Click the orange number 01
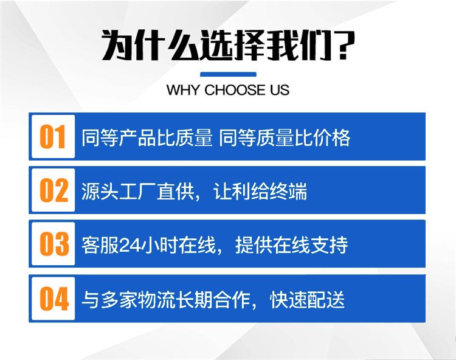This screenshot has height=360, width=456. point(53,137)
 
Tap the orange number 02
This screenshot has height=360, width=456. point(54,190)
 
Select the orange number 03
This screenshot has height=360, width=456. point(54,244)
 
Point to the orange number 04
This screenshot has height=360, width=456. point(54,299)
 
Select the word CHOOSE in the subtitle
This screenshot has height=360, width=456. point(235,90)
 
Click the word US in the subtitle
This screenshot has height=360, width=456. point(279,90)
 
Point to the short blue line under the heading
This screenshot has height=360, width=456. point(228,74)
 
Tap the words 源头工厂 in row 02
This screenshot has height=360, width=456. point(119,192)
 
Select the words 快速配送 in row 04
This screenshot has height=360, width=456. point(308,300)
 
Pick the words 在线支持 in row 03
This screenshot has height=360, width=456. point(310,245)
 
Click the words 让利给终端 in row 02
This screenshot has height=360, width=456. point(260,192)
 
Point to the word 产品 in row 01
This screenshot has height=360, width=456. point(137,137)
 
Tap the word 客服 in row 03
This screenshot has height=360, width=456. point(100,245)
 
